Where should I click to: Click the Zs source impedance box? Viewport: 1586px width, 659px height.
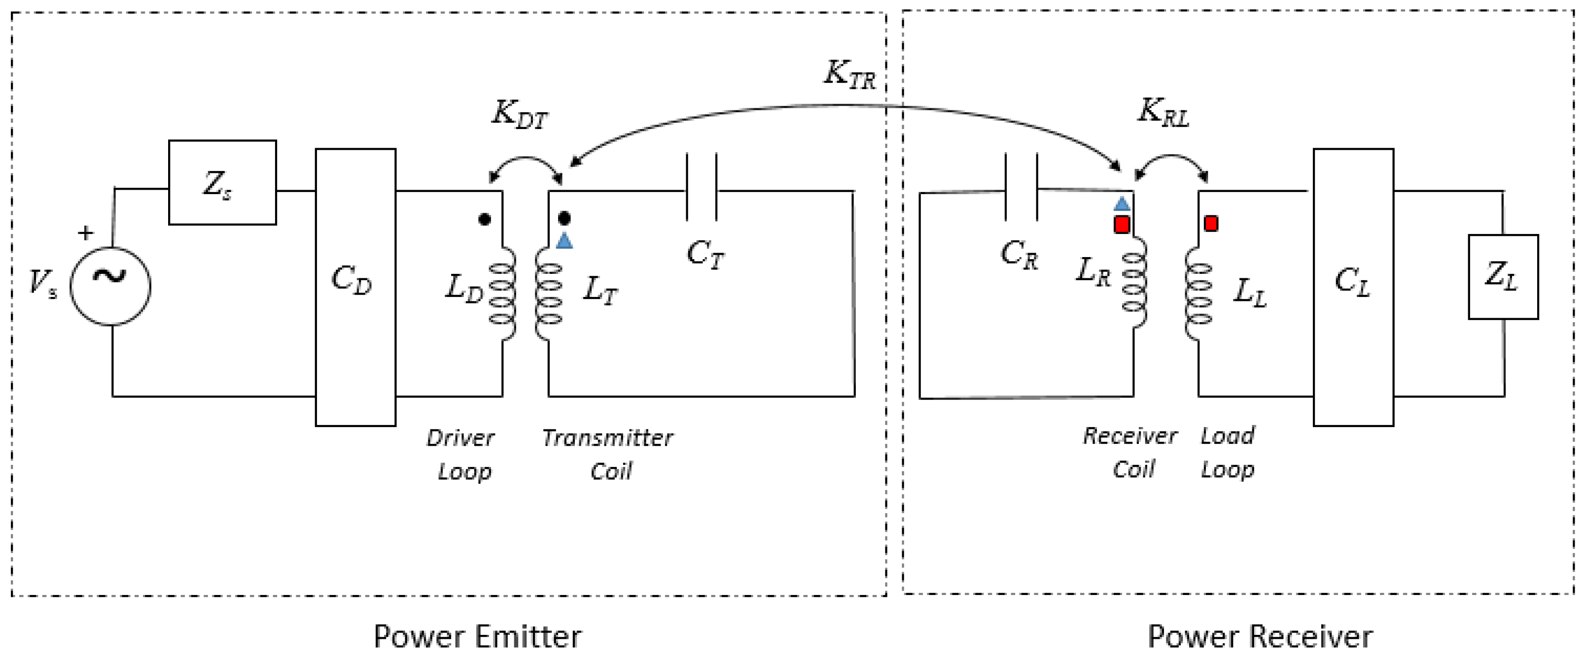tap(222, 182)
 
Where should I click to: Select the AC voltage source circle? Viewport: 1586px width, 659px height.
tap(110, 286)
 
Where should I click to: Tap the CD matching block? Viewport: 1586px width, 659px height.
tap(355, 287)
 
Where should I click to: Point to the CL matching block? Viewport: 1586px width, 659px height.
tap(1353, 287)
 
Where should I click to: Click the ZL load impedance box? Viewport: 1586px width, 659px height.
tap(1503, 277)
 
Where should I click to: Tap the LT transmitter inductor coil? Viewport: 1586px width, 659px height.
tap(547, 294)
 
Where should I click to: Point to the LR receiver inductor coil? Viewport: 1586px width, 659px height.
tap(1135, 283)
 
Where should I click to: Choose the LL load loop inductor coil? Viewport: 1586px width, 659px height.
tap(1198, 294)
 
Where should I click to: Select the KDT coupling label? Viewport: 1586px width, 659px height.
tap(519, 114)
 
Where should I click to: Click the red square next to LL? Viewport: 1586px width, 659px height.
tap(1210, 223)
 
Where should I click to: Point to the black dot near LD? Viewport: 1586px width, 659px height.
tap(485, 219)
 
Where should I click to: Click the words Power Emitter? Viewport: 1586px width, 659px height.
tap(477, 636)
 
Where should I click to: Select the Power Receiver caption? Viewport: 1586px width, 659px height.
tap(1260, 636)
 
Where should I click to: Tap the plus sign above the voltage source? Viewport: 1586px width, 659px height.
tap(86, 232)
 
